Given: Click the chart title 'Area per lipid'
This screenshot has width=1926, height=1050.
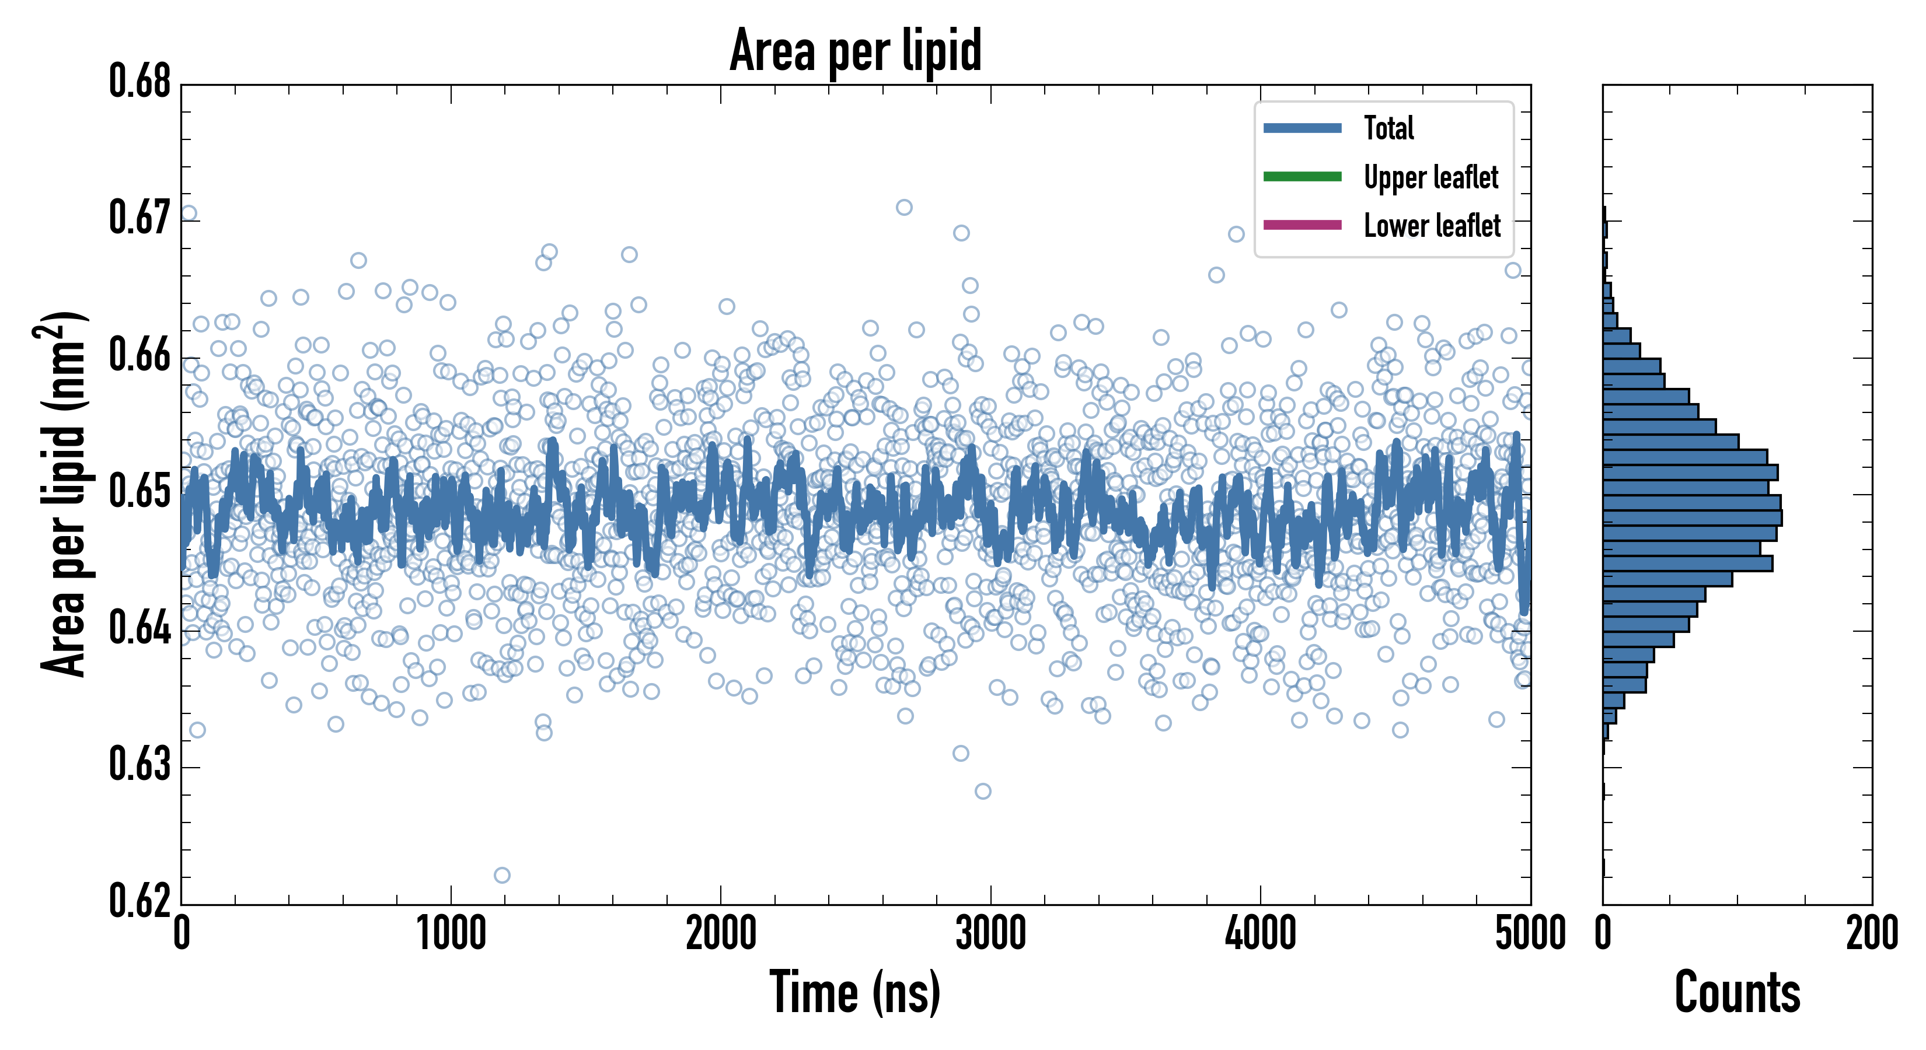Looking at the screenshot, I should tap(856, 51).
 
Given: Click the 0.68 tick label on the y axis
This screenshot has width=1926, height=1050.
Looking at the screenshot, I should tap(140, 82).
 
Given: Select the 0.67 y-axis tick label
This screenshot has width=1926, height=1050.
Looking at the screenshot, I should tap(140, 218).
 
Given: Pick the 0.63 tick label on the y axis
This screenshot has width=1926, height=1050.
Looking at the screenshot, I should tap(140, 765).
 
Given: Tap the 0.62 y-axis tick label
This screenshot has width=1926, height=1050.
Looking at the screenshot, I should tap(140, 901).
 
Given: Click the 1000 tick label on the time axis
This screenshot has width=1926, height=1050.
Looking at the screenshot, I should tap(451, 934).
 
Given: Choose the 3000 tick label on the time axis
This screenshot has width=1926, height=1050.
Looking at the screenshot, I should tap(990, 934).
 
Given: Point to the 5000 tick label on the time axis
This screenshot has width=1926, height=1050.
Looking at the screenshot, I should tap(1530, 934).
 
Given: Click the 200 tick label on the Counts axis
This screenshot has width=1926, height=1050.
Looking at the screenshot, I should tap(1871, 934).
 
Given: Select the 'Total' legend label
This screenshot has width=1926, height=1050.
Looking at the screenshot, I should tap(1388, 128).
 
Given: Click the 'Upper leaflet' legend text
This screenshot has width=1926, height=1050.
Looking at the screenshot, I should tap(1431, 177).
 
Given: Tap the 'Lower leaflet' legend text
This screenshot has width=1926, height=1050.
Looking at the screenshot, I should tap(1432, 226).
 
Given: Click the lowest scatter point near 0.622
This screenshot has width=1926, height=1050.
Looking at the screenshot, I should tap(502, 875).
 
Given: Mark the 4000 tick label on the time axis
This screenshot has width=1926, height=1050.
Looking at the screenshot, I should tap(1261, 934).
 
